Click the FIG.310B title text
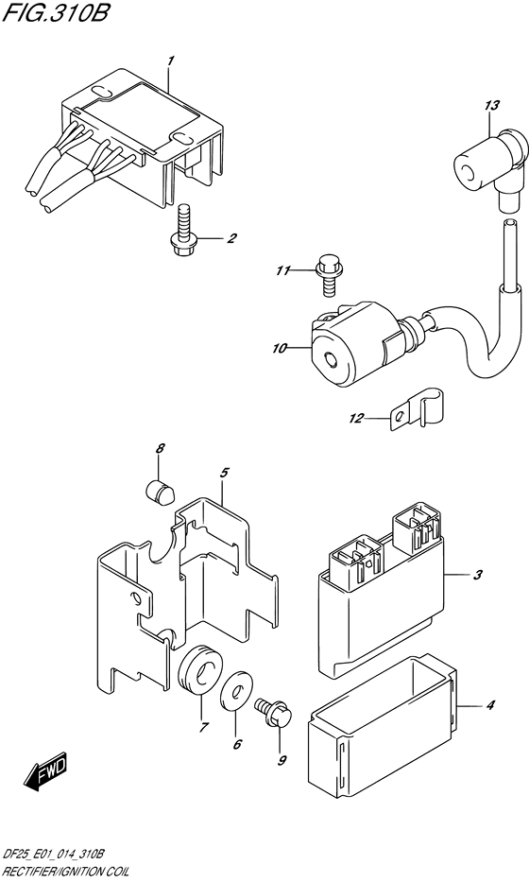pos(55,13)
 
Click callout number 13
pos(491,105)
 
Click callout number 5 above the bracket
pos(223,473)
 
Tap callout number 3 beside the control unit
pos(476,575)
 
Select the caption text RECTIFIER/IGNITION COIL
pos(65,872)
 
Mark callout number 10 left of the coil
pos(280,349)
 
